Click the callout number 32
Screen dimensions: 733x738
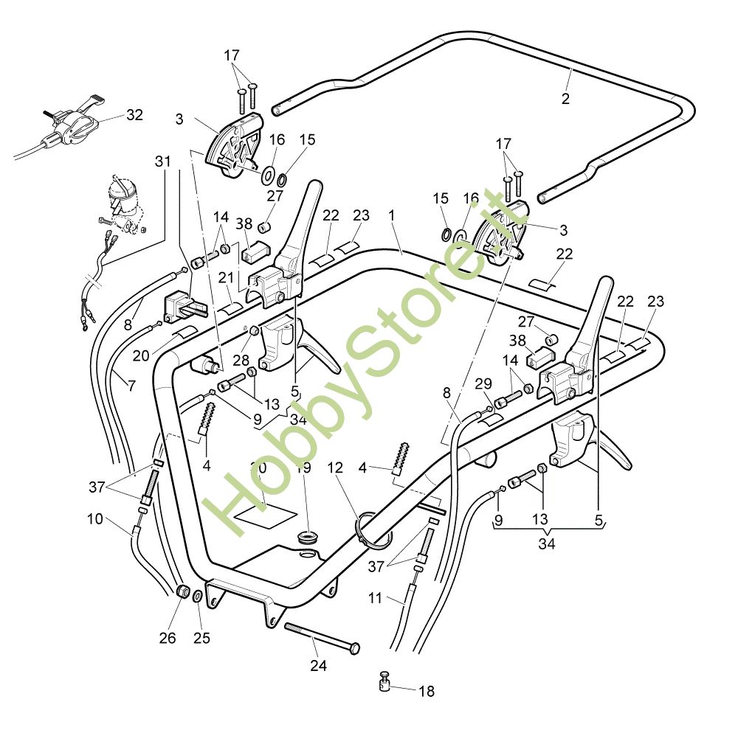(134, 115)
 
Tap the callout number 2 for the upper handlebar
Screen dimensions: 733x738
(565, 98)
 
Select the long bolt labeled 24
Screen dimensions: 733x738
(322, 636)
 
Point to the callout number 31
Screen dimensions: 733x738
(162, 161)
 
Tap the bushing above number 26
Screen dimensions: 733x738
(182, 592)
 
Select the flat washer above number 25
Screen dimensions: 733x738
(198, 596)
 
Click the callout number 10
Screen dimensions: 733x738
(94, 518)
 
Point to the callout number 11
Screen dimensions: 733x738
(376, 598)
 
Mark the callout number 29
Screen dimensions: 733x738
(483, 383)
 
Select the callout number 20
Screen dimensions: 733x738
(142, 355)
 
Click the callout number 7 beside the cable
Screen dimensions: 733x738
(131, 384)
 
